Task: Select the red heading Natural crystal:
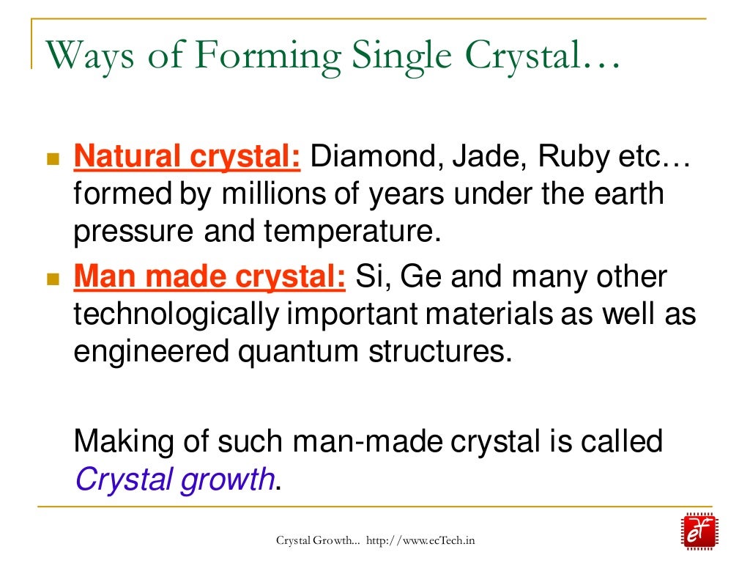(187, 158)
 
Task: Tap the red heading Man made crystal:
(209, 278)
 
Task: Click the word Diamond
(373, 158)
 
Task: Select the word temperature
(354, 232)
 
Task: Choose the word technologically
(177, 314)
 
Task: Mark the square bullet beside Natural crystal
(52, 159)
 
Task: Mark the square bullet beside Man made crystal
(52, 279)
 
